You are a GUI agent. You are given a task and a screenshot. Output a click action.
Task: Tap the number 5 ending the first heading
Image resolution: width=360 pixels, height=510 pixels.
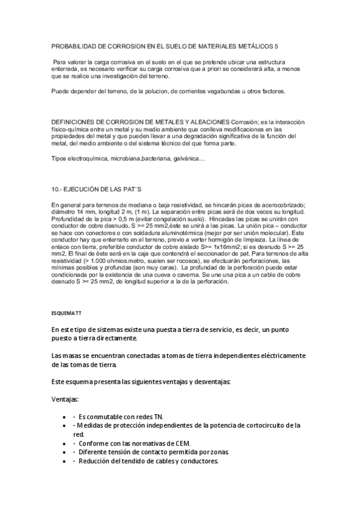point(276,46)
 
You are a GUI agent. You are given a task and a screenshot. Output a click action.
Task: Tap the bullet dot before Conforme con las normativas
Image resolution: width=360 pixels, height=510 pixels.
point(64,443)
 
